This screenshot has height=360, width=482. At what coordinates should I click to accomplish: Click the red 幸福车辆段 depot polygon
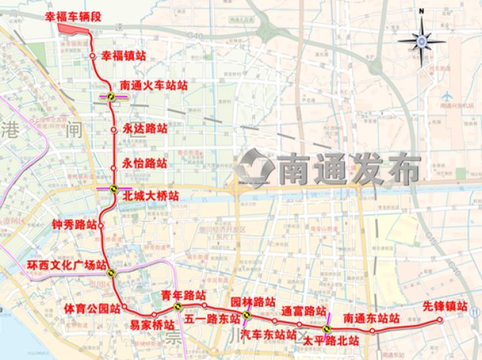pos(73,27)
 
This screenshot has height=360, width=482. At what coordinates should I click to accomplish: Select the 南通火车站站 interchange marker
pos(113,96)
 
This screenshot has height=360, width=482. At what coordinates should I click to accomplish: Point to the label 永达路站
pos(145,128)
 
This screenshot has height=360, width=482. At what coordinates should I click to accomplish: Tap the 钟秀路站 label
pos(74,225)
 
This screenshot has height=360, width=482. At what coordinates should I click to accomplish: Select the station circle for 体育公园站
pos(125,307)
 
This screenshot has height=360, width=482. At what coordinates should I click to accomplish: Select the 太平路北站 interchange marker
pos(327,329)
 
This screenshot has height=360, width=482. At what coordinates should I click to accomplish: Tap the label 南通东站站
pos(371,319)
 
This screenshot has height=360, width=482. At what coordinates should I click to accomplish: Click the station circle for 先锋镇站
pos(440,320)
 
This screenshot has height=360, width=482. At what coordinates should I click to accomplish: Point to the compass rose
pos(421,41)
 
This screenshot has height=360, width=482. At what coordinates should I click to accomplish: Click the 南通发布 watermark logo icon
pos(255,167)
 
